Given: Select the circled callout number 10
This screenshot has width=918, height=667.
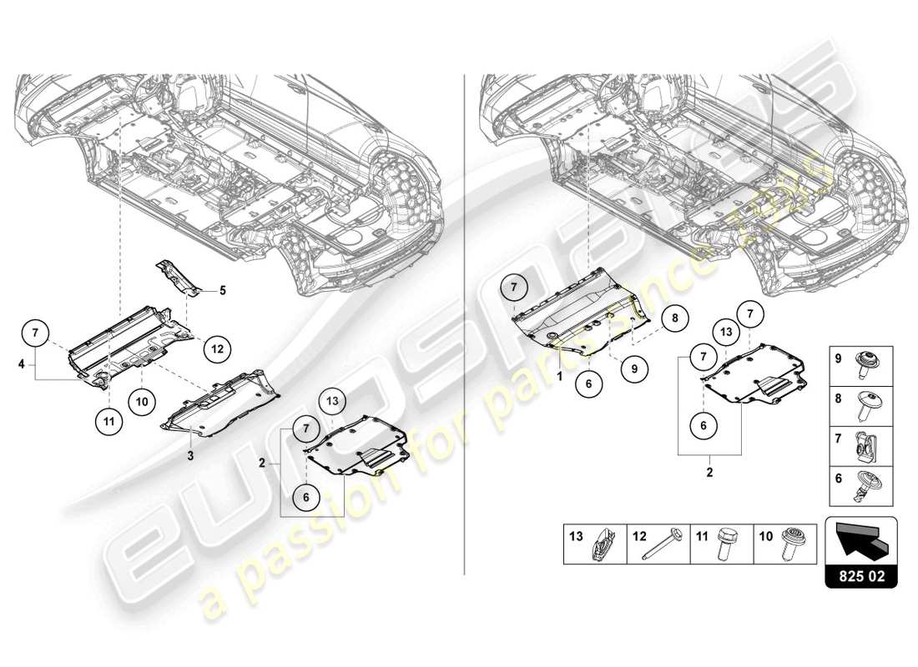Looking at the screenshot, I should [x=141, y=401].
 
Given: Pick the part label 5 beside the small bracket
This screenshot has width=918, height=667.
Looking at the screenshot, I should [x=223, y=291].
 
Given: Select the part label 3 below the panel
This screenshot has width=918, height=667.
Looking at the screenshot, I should [x=190, y=455].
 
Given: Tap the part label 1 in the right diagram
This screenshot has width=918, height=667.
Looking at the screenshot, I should [x=560, y=376].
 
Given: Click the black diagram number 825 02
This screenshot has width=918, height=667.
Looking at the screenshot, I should [x=860, y=574].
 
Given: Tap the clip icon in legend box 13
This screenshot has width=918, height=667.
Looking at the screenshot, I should [x=603, y=545].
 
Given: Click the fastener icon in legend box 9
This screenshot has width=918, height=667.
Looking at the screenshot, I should [x=864, y=361].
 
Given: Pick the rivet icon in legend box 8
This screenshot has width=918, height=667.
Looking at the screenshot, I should [x=864, y=403].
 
